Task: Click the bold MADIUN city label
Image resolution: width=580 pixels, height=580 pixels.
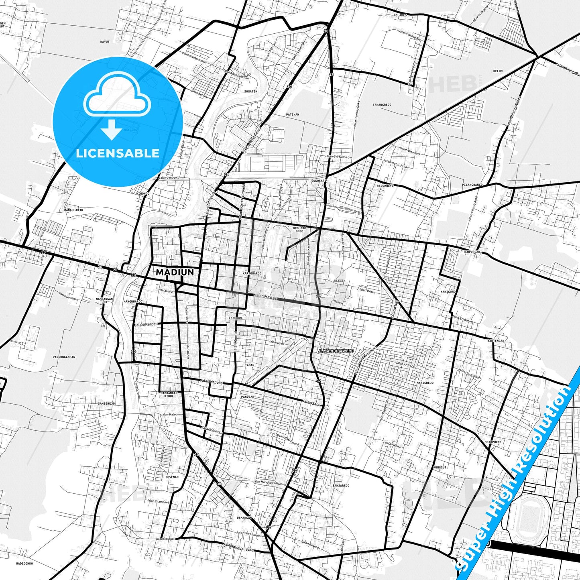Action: pyautogui.click(x=175, y=272)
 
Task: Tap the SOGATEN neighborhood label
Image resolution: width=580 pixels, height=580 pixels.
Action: pyautogui.click(x=251, y=92)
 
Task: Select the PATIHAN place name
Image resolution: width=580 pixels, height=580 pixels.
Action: pyautogui.click(x=293, y=114)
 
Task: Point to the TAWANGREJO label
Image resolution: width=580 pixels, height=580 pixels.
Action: pyautogui.click(x=382, y=105)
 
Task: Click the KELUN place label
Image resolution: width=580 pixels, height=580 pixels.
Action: pyautogui.click(x=498, y=71)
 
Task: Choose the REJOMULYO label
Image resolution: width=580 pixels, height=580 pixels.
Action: pyautogui.click(x=385, y=186)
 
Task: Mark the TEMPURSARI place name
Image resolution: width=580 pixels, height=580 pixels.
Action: pyautogui.click(x=472, y=252)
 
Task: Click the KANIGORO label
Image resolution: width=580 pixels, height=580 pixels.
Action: pyautogui.click(x=448, y=292)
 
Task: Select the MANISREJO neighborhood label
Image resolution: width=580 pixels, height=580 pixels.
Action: pyautogui.click(x=425, y=383)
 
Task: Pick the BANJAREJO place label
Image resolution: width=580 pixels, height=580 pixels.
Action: pyautogui.click(x=341, y=486)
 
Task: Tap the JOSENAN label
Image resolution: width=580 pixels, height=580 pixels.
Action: pyautogui.click(x=172, y=477)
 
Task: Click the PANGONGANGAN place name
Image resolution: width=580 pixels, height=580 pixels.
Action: pyautogui.click(x=64, y=357)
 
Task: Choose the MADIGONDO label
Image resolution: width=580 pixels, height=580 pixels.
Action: pyautogui.click(x=24, y=563)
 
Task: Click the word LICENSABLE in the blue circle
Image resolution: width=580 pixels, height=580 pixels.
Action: pyautogui.click(x=118, y=153)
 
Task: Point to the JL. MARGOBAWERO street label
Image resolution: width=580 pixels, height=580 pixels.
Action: pyautogui.click(x=336, y=351)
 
